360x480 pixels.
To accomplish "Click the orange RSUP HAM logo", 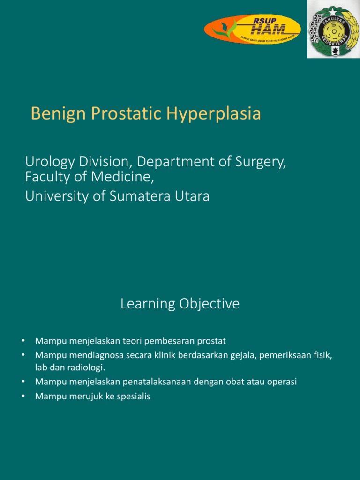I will click(252, 29).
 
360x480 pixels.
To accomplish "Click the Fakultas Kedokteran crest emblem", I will click(333, 29).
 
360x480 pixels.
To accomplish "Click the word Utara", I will click(192, 196).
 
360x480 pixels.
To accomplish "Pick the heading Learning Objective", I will click(180, 304).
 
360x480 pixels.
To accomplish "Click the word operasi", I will click(282, 382).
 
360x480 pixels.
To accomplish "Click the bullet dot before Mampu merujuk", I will click(23, 397).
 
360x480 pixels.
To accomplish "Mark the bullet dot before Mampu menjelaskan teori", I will click(23, 340).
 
